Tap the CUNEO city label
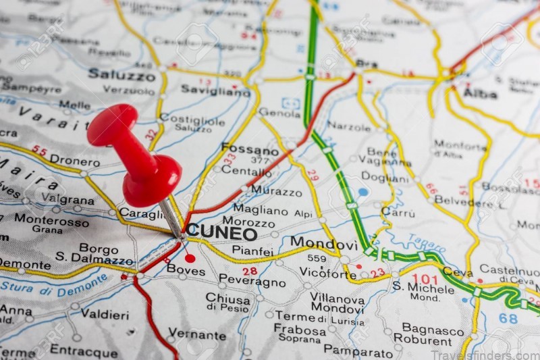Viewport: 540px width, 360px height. tap(222, 233)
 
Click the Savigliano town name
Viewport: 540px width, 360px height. tap(215, 90)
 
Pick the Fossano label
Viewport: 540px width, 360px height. tap(249, 150)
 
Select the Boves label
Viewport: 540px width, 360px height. tap(186, 269)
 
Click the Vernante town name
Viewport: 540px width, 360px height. tap(197, 334)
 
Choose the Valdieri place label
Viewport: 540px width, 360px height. tap(105, 313)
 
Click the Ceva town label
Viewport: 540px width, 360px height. tap(458, 272)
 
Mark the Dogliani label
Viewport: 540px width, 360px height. tap(385, 177)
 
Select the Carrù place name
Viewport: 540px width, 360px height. tap(398, 211)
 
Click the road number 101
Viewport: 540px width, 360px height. tap(425, 278)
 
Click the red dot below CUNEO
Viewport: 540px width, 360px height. tap(190, 258)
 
